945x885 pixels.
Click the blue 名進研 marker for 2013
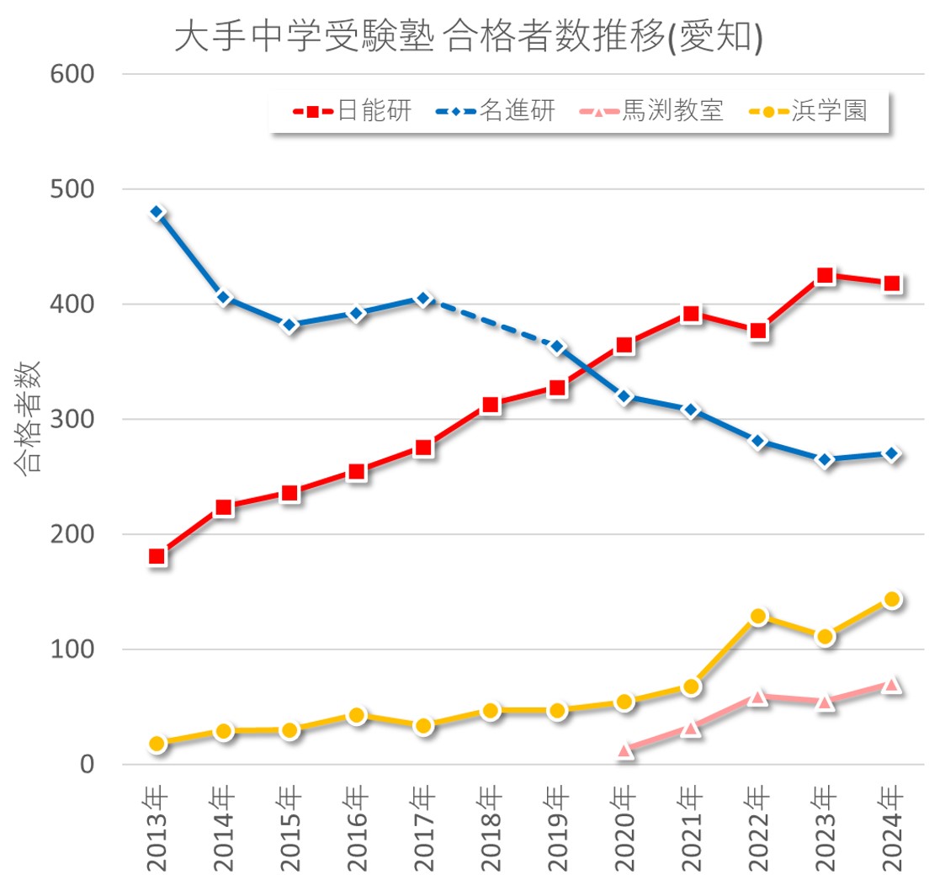[157, 213]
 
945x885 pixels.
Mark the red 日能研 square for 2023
[825, 276]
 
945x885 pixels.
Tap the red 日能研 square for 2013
[157, 557]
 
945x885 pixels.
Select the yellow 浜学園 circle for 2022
[758, 617]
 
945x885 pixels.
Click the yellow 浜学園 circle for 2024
[892, 600]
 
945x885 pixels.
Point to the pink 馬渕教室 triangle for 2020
[624, 750]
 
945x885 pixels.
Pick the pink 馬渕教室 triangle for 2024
[892, 685]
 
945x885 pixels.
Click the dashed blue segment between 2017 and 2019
[491, 323]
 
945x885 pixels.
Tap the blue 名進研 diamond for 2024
[892, 454]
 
